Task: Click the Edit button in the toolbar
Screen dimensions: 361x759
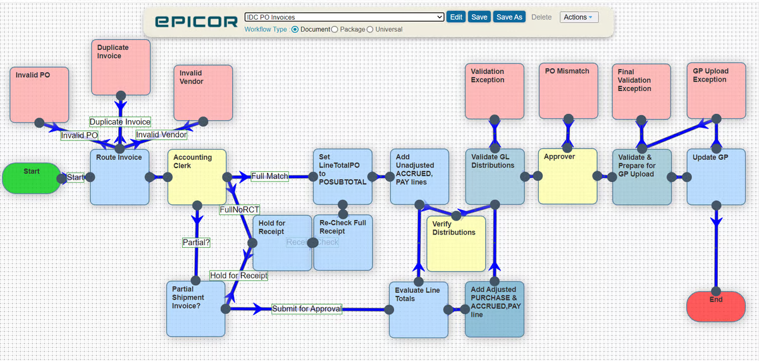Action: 455,17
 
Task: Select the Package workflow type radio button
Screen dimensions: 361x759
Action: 335,29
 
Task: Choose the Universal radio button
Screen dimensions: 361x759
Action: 370,29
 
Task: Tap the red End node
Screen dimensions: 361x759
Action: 715,307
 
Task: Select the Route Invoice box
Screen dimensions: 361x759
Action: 120,177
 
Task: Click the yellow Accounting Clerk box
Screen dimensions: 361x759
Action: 196,177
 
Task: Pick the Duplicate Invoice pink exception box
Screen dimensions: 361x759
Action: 121,67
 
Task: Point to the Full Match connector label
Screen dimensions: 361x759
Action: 269,176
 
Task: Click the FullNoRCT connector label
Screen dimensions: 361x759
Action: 240,209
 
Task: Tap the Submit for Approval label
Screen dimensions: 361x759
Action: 307,309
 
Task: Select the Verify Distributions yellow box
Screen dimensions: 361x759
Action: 456,243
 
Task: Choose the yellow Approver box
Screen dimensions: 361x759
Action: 567,176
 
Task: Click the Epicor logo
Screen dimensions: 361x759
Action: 197,22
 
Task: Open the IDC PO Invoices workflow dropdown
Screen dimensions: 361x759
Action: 344,17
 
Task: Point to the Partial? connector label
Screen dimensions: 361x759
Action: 196,242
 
